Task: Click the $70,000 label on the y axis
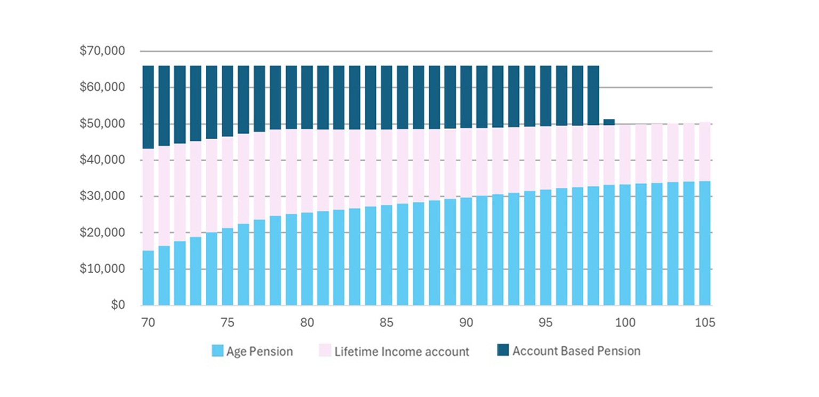(x=102, y=52)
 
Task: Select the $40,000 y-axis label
(x=102, y=160)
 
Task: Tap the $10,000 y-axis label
(x=102, y=269)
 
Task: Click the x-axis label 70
(x=148, y=323)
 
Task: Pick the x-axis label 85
(x=387, y=323)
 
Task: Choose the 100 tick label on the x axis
(x=625, y=323)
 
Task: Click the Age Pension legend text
(x=259, y=351)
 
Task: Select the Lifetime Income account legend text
(x=402, y=351)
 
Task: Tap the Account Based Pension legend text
(x=576, y=351)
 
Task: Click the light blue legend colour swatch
(x=217, y=351)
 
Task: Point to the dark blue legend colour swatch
(x=503, y=351)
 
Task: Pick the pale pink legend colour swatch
(x=325, y=351)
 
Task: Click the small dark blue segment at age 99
(x=609, y=122)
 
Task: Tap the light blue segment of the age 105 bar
(x=705, y=243)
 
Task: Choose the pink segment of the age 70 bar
(x=148, y=200)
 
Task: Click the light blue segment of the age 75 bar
(x=228, y=267)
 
